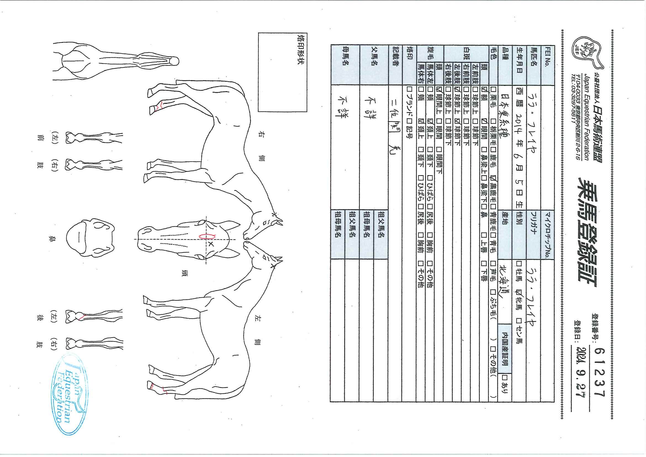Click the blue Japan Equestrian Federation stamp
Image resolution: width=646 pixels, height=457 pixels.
pyautogui.click(x=69, y=394)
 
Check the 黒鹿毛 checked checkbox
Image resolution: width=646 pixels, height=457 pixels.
pyautogui.click(x=493, y=178)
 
